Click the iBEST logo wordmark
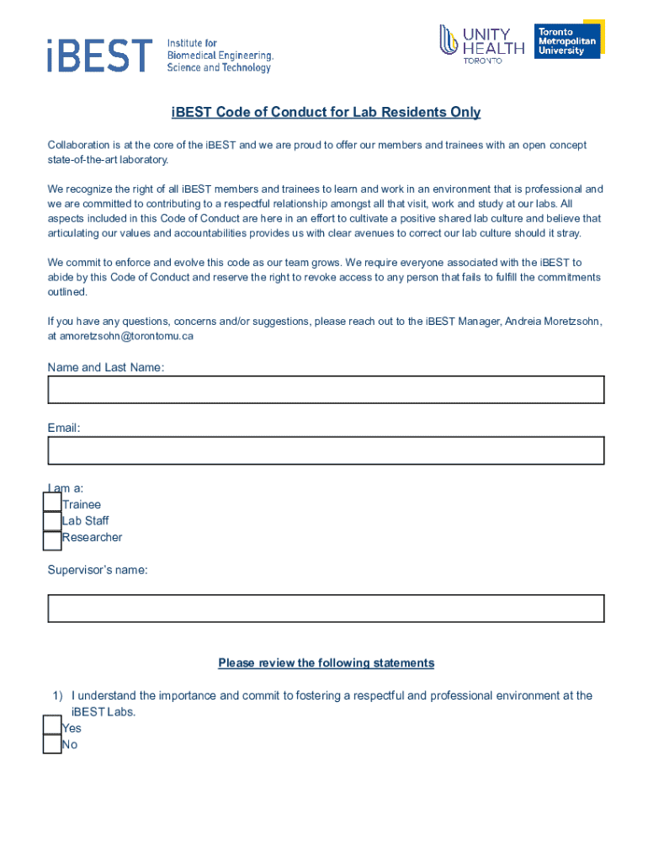[99, 55]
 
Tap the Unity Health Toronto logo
[481, 44]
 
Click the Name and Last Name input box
[326, 390]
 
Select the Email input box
[326, 450]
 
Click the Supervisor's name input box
[326, 609]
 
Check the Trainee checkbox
[52, 504]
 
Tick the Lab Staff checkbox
[52, 521]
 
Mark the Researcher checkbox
[52, 539]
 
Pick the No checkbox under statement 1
[52, 744]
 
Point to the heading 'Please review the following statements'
[326, 663]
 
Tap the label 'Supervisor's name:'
[98, 570]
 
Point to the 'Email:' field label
[64, 428]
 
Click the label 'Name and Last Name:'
[106, 368]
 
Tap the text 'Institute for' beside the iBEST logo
[192, 43]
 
